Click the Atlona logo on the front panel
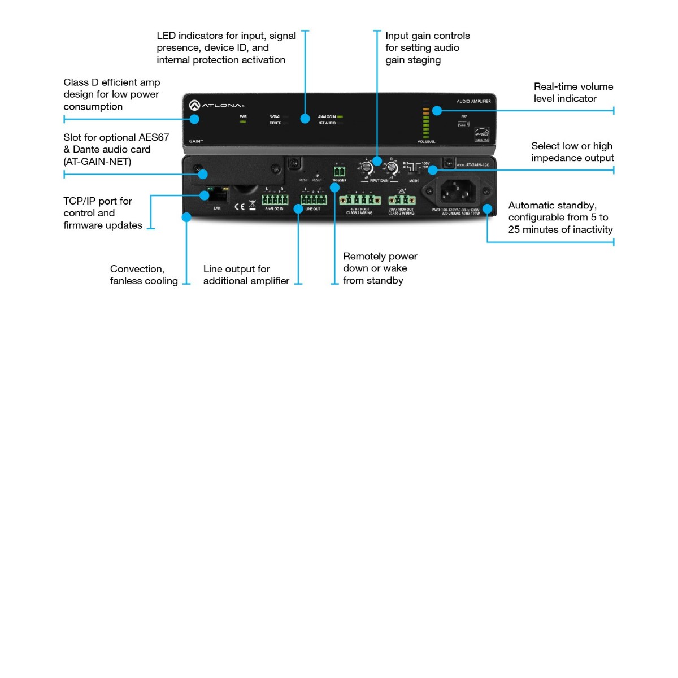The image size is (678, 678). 217,105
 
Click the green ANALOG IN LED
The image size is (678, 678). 340,117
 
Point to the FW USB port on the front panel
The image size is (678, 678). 463,124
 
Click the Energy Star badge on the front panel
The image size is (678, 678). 481,134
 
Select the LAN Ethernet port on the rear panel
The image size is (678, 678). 218,196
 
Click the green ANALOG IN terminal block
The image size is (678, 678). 275,200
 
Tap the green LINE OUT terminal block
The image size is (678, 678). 314,200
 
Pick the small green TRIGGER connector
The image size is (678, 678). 339,171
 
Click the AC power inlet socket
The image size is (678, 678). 457,191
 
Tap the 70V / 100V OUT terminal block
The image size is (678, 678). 402,200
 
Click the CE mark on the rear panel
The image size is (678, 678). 240,206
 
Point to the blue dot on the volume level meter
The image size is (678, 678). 437,111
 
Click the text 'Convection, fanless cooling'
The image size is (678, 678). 144,275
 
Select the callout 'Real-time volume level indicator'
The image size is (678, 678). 573,92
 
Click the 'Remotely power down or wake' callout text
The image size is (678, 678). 380,268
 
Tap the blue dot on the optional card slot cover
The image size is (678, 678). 203,175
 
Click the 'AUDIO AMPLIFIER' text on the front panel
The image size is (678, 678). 473,101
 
